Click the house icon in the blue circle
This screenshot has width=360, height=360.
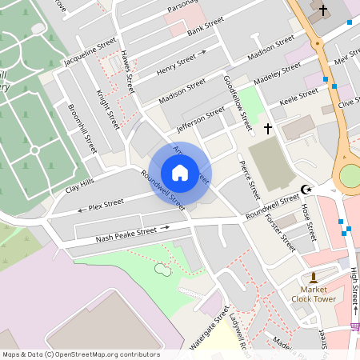(x=180, y=172)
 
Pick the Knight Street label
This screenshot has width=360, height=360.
(x=108, y=110)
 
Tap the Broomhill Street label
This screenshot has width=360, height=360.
(x=82, y=129)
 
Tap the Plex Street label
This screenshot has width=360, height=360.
(x=106, y=206)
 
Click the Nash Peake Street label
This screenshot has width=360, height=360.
(x=126, y=232)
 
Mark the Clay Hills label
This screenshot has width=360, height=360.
(x=80, y=186)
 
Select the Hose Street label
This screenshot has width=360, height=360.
(x=310, y=222)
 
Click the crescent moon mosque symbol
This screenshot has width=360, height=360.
(x=305, y=190)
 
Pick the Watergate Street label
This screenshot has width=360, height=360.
(x=210, y=327)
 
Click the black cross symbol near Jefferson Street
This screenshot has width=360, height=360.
(x=267, y=128)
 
